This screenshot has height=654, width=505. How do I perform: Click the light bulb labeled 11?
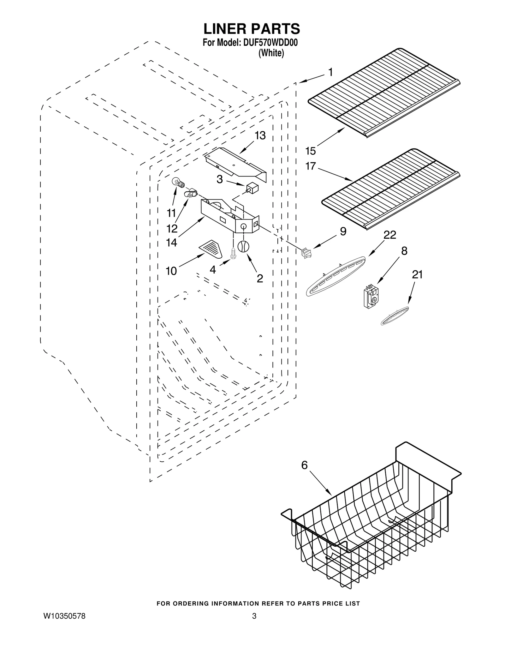click(177, 183)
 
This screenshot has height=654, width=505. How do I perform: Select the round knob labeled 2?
click(243, 246)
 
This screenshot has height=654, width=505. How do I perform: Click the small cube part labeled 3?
click(252, 189)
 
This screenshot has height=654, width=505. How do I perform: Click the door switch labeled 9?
click(306, 254)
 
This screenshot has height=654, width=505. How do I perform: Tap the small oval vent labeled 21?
click(395, 316)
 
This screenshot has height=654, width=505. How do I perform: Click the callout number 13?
click(260, 135)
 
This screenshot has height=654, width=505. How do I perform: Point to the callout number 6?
click(304, 465)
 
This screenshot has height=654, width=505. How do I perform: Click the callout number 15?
click(311, 151)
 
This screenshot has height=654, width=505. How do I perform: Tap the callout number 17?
click(311, 166)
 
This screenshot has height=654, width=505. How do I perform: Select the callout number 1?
click(330, 73)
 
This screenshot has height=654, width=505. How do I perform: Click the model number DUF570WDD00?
click(270, 43)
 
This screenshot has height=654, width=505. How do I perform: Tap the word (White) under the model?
click(271, 53)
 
